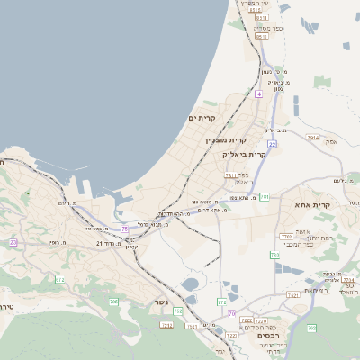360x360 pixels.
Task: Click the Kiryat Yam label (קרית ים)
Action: point(199,119)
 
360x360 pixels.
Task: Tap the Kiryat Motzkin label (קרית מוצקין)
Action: point(225,140)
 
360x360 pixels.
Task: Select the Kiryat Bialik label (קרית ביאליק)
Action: point(244,155)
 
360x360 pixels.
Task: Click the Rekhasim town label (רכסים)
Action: point(200,345)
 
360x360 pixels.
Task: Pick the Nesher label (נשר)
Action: point(161,301)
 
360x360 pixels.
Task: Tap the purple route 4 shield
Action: point(258,94)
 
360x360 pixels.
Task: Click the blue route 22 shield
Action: point(272,143)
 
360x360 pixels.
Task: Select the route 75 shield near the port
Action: point(125,230)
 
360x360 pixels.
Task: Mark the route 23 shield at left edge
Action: point(13,242)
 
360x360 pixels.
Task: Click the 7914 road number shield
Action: point(312,137)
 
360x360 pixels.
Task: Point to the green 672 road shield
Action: point(60,281)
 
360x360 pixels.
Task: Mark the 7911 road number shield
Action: point(230,175)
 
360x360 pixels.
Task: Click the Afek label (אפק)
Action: point(331,142)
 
